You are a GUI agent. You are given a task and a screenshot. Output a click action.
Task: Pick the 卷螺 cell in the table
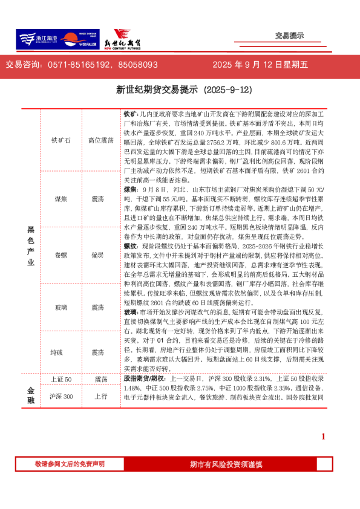tap(61, 255)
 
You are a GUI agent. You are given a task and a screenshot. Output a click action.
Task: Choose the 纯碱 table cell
tap(61, 352)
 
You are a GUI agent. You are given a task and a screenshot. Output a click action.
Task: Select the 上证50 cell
tap(61, 379)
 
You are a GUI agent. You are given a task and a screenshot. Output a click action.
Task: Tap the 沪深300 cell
tap(61, 397)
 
